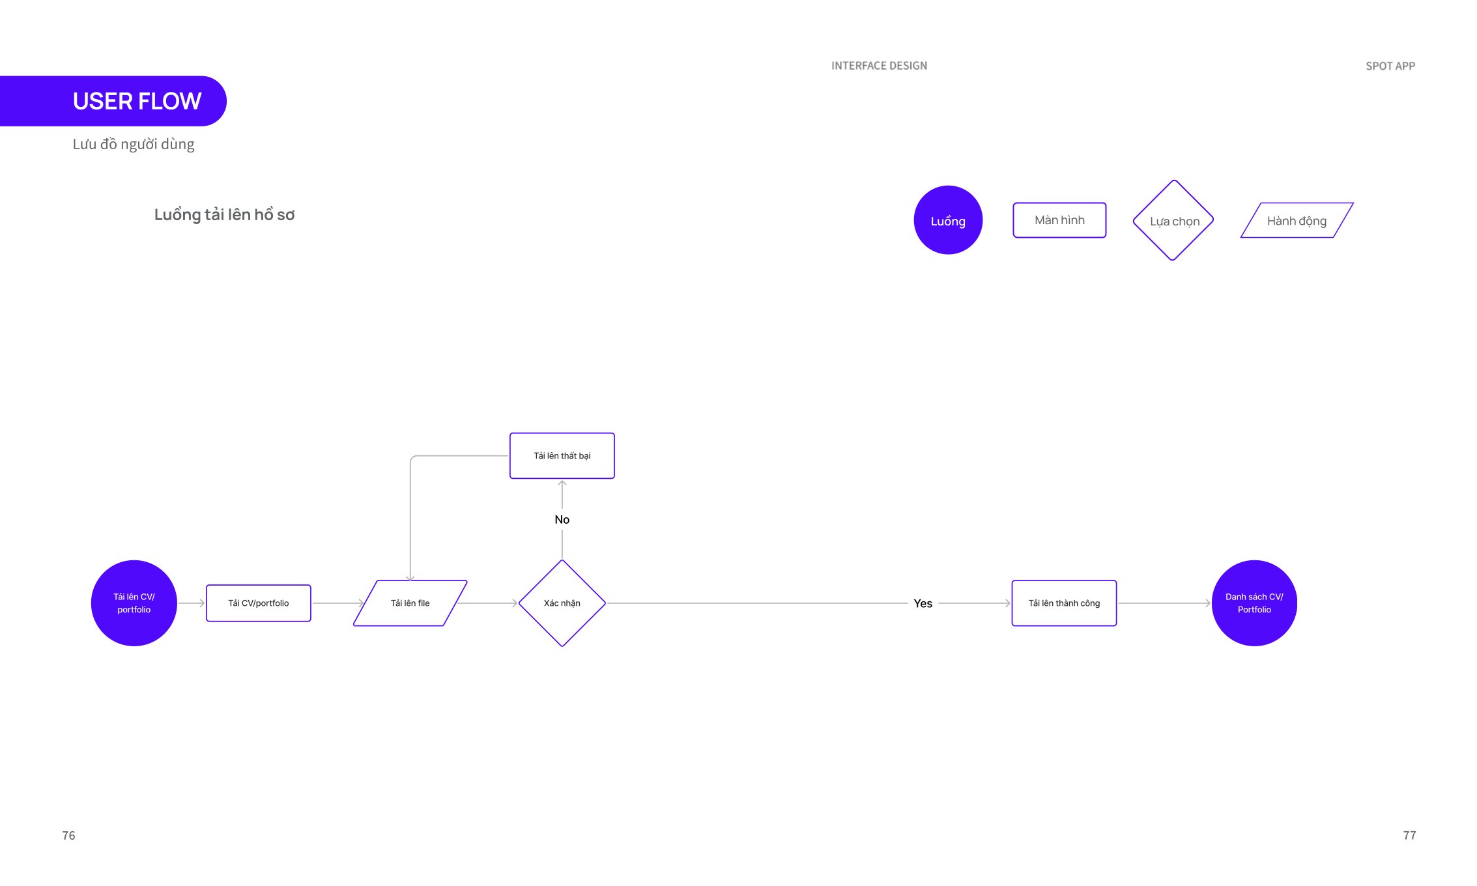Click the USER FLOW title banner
click(113, 101)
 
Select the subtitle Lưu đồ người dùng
click(134, 144)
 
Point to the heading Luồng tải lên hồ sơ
click(224, 214)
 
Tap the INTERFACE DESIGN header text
click(879, 66)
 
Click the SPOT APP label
click(1390, 66)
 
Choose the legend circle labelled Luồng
click(948, 220)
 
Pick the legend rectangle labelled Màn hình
click(1059, 220)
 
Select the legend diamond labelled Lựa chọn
click(1173, 220)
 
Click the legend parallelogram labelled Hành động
click(1297, 220)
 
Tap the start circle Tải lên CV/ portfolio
click(134, 603)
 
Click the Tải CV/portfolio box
click(259, 603)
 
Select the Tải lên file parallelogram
click(410, 603)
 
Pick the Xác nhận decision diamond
click(562, 603)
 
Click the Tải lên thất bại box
click(562, 456)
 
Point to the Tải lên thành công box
click(1064, 603)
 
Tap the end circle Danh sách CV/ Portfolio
click(1254, 603)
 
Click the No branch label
click(562, 520)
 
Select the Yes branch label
click(923, 604)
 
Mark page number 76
click(68, 836)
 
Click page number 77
click(1409, 836)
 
